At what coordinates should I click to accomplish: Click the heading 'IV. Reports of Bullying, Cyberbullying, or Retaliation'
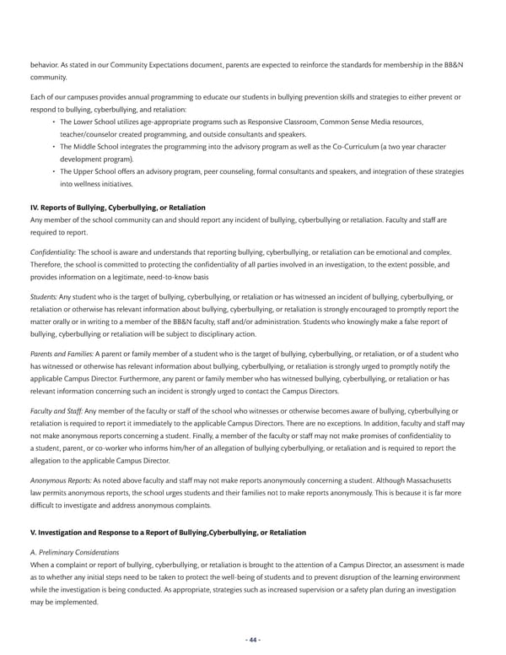tap(117, 208)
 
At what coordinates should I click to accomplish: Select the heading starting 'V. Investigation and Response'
tap(168, 533)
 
